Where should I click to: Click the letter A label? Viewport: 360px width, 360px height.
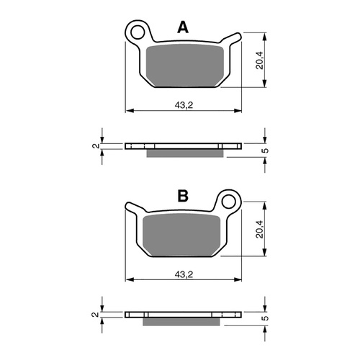(x=183, y=28)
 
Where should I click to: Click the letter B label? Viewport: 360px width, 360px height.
(x=183, y=196)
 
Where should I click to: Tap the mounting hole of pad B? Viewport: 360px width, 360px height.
(x=229, y=199)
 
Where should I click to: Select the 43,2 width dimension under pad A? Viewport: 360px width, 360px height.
(x=184, y=105)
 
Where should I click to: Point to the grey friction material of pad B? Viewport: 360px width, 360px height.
(x=183, y=234)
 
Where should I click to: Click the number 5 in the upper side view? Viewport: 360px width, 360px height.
(x=265, y=150)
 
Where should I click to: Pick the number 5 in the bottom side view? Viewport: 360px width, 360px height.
(x=265, y=318)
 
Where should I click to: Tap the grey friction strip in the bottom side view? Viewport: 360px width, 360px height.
(x=183, y=321)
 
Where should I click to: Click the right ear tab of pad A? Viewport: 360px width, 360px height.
(x=232, y=39)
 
